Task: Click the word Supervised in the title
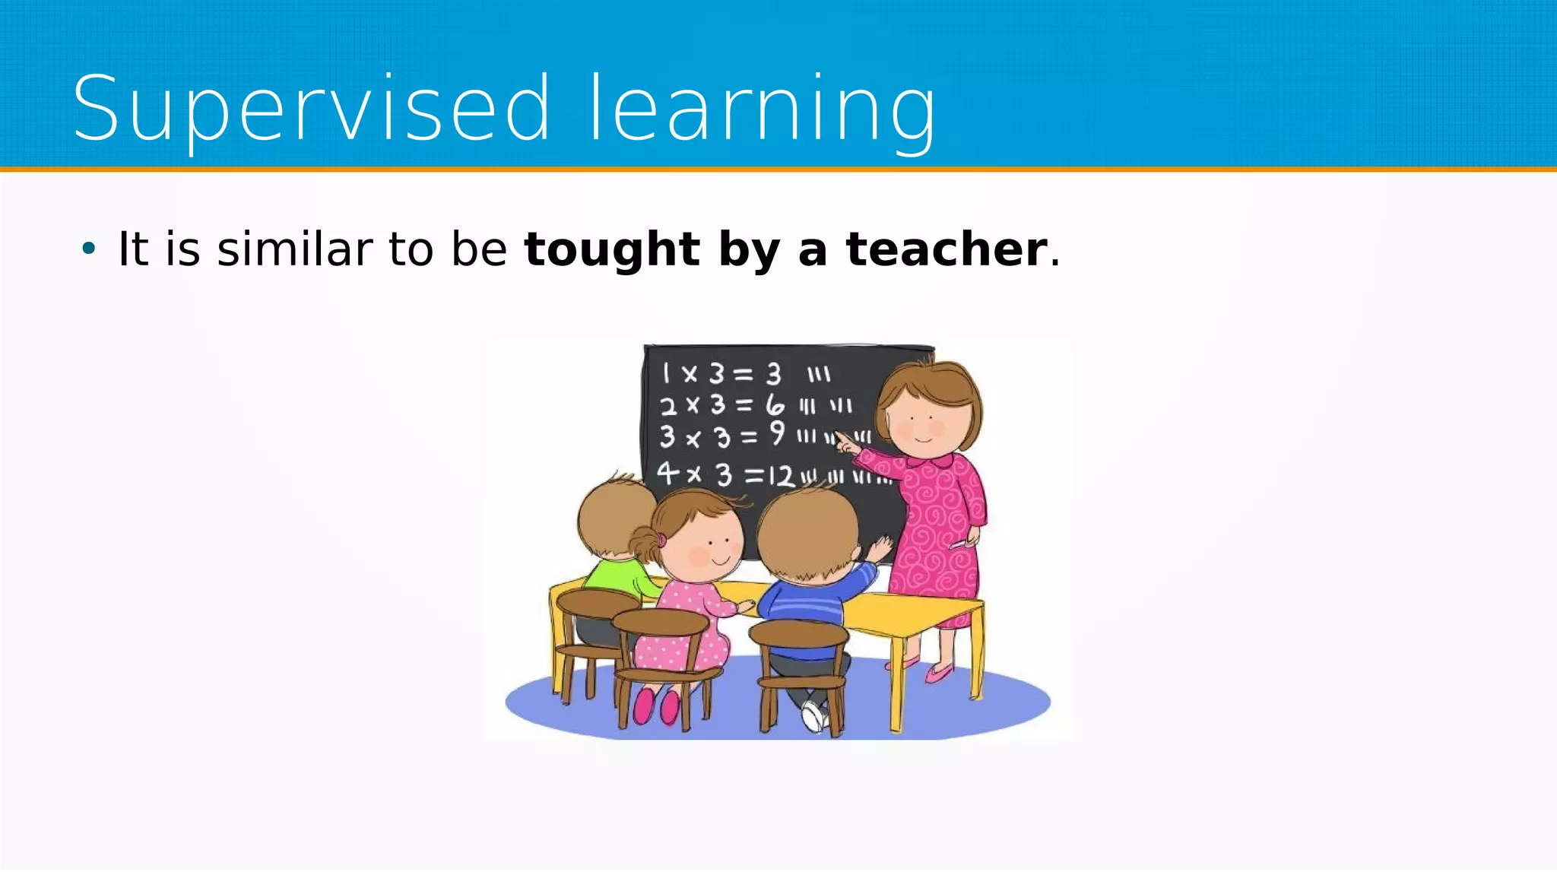coord(310,109)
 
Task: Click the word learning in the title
coord(763,109)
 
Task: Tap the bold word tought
coord(611,249)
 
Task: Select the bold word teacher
coord(947,249)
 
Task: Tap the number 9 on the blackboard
coord(776,433)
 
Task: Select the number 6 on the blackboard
coord(774,404)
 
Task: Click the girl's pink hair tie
coord(662,540)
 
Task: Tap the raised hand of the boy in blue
coord(881,548)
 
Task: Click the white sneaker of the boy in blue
coord(813,715)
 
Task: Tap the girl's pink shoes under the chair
coord(655,706)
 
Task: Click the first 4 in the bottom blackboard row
coord(667,473)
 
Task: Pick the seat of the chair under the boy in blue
coord(798,633)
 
